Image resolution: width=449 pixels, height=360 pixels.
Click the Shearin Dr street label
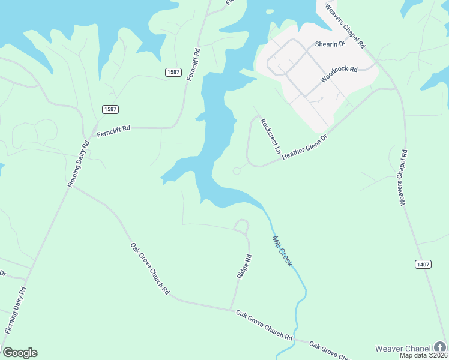(330, 44)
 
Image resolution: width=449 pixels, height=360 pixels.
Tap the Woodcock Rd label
(339, 74)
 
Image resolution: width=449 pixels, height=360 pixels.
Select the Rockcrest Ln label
(270, 135)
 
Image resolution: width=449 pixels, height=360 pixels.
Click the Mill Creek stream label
(282, 251)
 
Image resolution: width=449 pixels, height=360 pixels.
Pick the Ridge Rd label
(244, 266)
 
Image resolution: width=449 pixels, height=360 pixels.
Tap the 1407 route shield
(423, 264)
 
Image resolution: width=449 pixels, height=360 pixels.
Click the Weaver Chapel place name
(403, 349)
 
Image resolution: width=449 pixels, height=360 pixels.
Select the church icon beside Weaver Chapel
(441, 347)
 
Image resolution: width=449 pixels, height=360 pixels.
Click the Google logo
(20, 353)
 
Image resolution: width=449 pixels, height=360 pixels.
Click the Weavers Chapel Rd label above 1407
(404, 178)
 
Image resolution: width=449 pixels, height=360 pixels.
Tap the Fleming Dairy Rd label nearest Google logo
(15, 310)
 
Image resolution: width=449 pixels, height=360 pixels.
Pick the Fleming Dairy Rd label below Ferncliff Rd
(79, 164)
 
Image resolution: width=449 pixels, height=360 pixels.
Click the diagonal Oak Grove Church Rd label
(150, 268)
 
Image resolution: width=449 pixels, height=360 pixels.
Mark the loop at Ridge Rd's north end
(241, 226)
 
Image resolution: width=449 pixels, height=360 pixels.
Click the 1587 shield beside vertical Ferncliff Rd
(173, 72)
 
